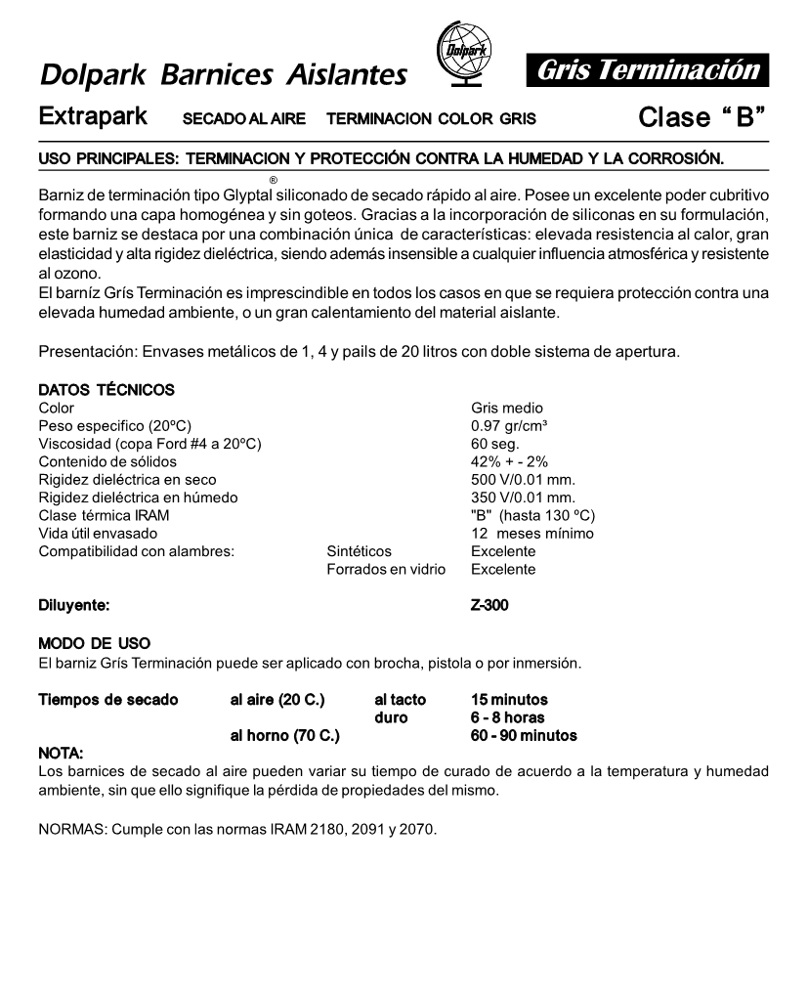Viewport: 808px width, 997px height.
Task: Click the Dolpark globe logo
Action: point(459,58)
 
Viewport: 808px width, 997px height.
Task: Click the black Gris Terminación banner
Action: point(648,70)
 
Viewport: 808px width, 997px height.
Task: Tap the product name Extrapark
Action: point(93,116)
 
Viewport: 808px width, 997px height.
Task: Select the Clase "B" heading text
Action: point(701,117)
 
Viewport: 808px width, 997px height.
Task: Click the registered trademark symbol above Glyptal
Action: point(273,180)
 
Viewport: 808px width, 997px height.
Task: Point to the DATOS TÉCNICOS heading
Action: point(106,390)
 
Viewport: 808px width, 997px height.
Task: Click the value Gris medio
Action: point(506,408)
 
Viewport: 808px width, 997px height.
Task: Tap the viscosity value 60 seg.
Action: point(494,444)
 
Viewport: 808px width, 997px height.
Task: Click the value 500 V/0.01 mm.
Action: point(523,480)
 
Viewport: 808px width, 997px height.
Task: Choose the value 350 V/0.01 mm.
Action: point(523,498)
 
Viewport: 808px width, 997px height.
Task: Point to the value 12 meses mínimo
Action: point(532,534)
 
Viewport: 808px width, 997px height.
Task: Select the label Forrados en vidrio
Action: point(385,569)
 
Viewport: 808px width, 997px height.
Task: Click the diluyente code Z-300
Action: point(489,606)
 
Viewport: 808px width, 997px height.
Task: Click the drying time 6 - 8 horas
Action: point(507,717)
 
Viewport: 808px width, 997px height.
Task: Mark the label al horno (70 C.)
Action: point(284,735)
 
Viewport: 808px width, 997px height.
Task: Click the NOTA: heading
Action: point(60,753)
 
